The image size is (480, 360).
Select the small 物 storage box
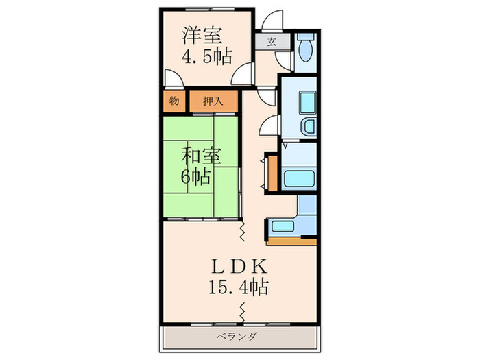pyautogui.click(x=174, y=101)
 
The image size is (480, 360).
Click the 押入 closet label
pyautogui.click(x=213, y=101)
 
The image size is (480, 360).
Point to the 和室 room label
pyautogui.click(x=201, y=155)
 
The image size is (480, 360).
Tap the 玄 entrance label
pyautogui.click(x=272, y=40)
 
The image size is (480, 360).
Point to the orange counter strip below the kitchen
pyautogui.click(x=291, y=241)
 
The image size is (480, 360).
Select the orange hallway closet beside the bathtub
pyautogui.click(x=273, y=173)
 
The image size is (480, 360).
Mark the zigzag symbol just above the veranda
pyautogui.click(x=242, y=313)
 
